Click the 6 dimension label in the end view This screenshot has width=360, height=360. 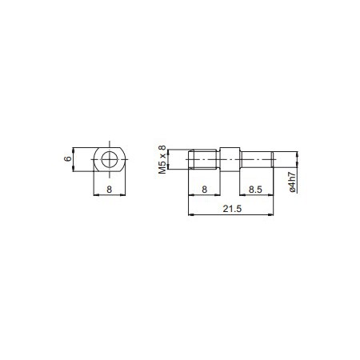click(x=69, y=159)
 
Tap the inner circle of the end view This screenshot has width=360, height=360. click(x=108, y=160)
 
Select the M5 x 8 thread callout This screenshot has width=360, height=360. click(x=163, y=159)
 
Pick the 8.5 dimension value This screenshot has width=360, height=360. click(x=257, y=190)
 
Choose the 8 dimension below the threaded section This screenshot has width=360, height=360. click(x=204, y=190)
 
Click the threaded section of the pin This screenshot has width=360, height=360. click(x=204, y=160)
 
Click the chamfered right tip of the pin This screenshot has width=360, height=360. click(x=274, y=160)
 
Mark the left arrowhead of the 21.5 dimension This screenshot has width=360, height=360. click(x=189, y=214)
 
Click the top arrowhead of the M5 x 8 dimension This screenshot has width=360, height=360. click(x=169, y=152)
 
